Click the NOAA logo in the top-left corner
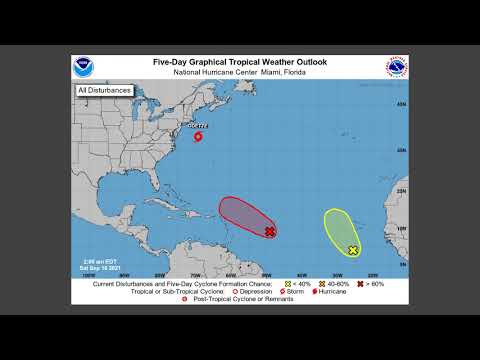click(82, 67)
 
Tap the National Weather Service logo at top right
click(397, 67)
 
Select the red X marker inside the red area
click(270, 231)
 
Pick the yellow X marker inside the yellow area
click(353, 250)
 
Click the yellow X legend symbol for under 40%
click(288, 284)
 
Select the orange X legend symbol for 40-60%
click(316, 284)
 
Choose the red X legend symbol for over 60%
click(350, 284)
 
